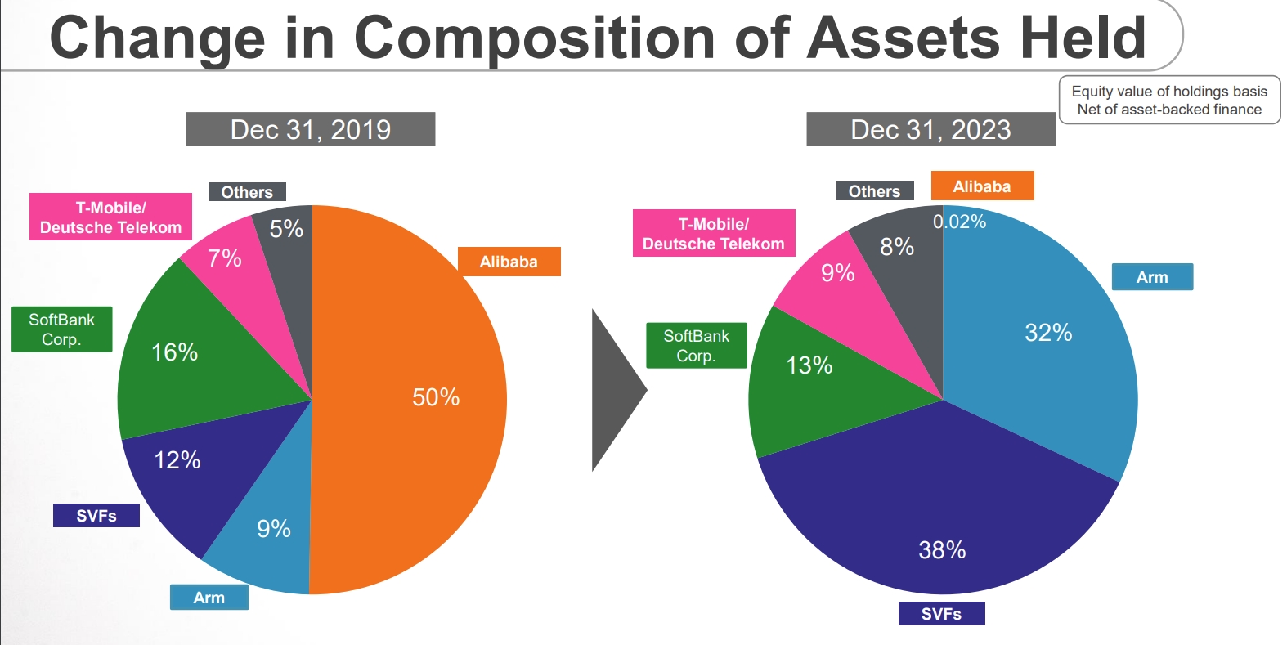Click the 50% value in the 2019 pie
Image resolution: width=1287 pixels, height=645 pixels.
tap(436, 397)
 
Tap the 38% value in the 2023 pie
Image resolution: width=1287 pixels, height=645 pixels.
tap(942, 550)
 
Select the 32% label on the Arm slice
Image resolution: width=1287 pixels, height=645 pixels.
tap(1048, 333)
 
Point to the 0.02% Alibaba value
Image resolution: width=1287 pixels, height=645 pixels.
tap(959, 222)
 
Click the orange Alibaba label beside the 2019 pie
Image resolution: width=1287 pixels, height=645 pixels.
tap(509, 262)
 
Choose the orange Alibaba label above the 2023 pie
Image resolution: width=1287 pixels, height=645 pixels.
tap(982, 186)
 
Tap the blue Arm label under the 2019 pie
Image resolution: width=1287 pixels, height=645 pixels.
tap(209, 598)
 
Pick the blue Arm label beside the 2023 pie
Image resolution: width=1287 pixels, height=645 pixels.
tap(1152, 277)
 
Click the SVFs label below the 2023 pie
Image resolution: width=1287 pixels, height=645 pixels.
tap(941, 614)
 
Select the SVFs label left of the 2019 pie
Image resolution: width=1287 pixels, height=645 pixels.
tap(96, 516)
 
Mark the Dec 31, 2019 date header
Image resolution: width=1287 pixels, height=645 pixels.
tap(311, 129)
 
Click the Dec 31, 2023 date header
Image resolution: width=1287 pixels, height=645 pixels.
tap(930, 129)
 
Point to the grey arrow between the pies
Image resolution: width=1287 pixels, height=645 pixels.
tap(616, 390)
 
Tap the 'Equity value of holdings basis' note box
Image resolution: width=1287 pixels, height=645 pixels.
tap(1169, 101)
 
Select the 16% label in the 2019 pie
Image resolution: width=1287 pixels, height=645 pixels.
tap(175, 352)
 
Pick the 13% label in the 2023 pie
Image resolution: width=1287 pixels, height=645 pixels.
tap(809, 365)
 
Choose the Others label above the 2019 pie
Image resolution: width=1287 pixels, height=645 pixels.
tap(247, 192)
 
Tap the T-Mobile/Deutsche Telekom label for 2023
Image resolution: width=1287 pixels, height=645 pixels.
tap(714, 234)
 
